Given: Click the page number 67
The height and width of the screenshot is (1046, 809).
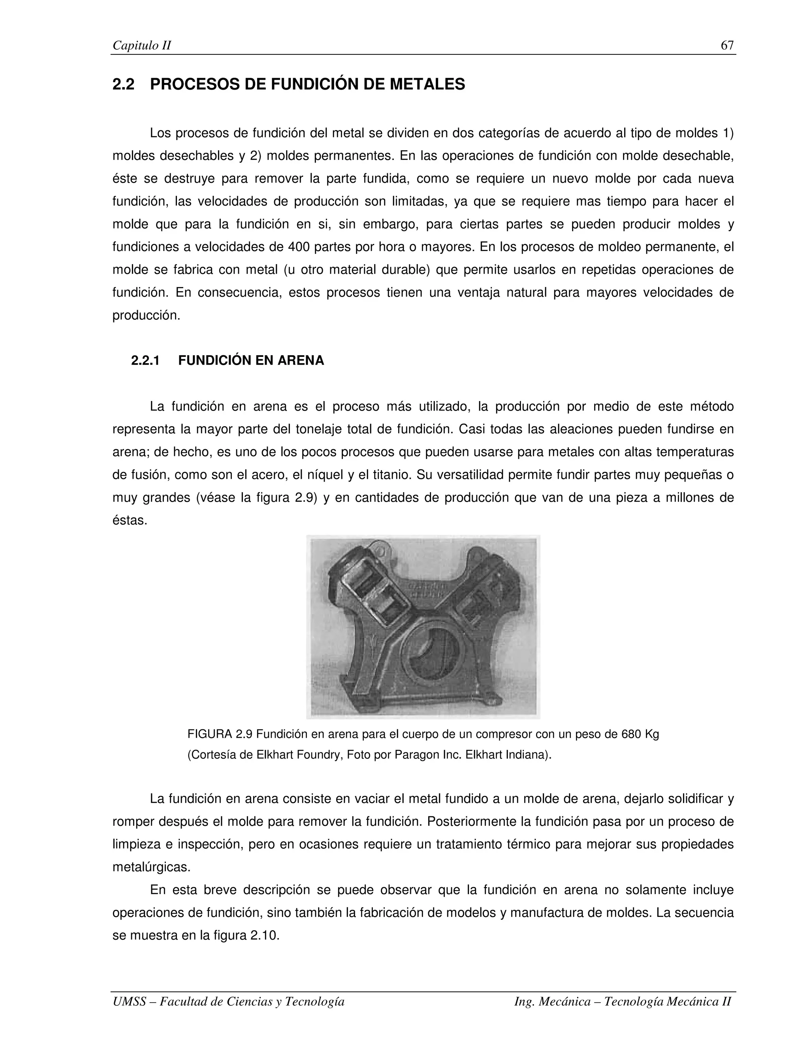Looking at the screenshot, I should (726, 45).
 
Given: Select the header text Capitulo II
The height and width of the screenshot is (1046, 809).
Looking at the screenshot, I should (141, 46).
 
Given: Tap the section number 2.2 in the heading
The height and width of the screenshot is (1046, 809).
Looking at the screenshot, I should (123, 84).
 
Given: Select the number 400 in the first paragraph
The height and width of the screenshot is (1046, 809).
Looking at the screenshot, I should (299, 247).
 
